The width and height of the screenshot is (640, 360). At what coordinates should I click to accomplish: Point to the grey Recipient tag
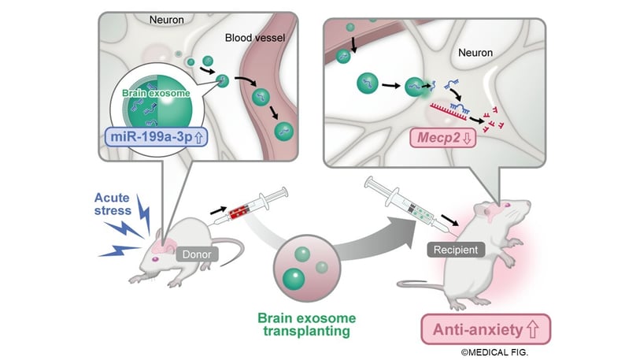pos(453,250)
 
